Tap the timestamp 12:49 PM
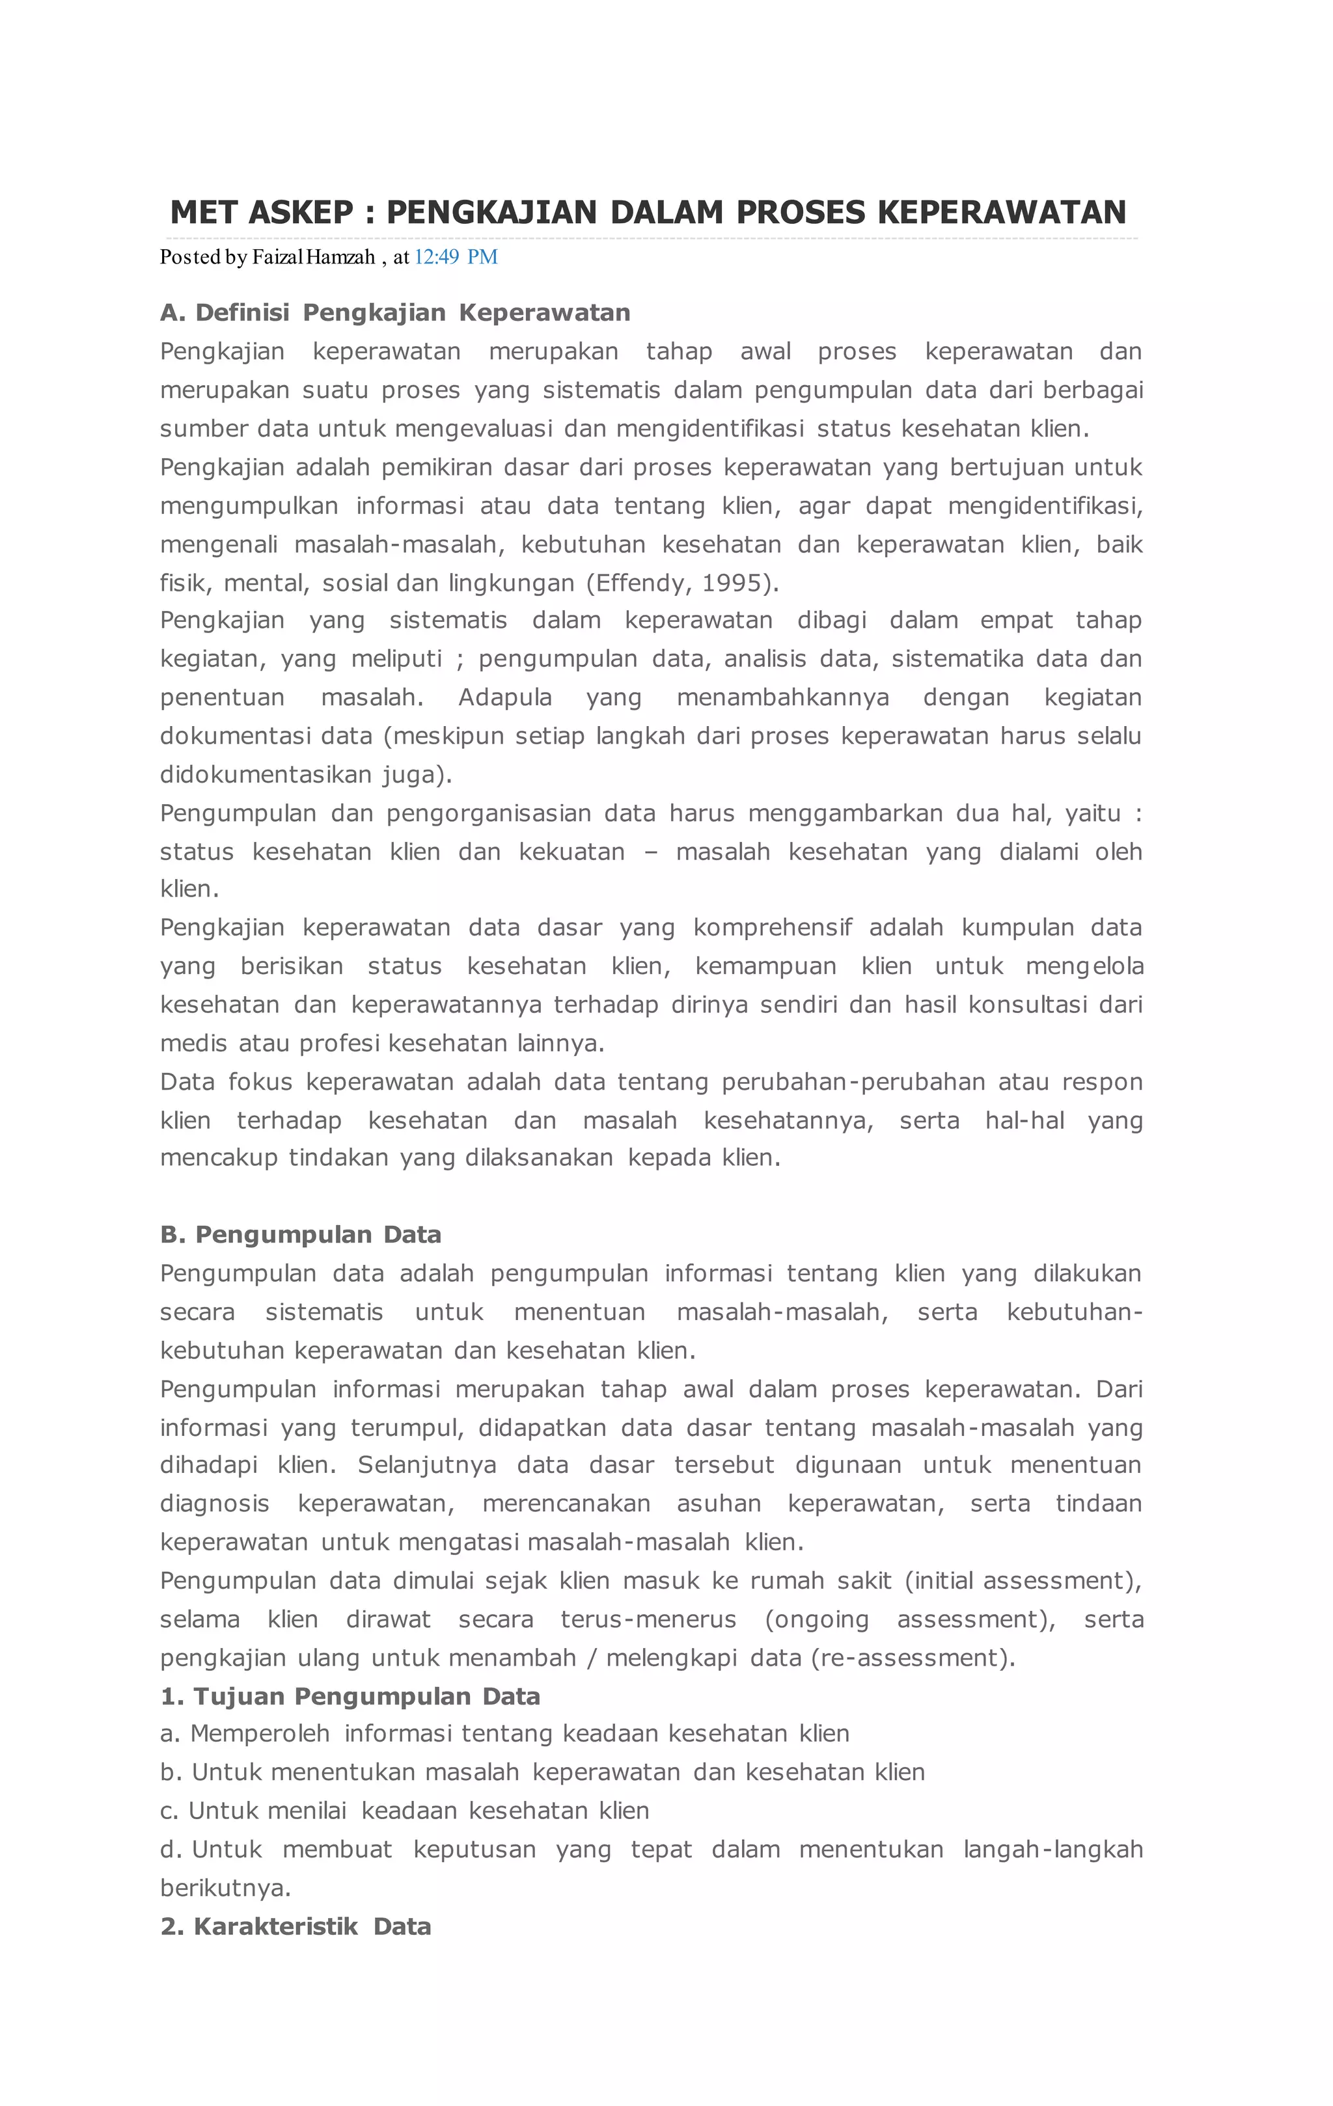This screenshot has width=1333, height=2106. (x=456, y=257)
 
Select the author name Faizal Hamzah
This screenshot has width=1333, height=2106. (x=313, y=257)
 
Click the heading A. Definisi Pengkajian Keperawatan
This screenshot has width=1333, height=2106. (x=394, y=313)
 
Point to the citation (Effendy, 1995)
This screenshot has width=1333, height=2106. (x=682, y=584)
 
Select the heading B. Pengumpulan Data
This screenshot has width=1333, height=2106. (x=300, y=1235)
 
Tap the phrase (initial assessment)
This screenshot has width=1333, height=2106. (x=1023, y=1580)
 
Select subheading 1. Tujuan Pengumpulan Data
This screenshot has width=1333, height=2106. (x=350, y=1697)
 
